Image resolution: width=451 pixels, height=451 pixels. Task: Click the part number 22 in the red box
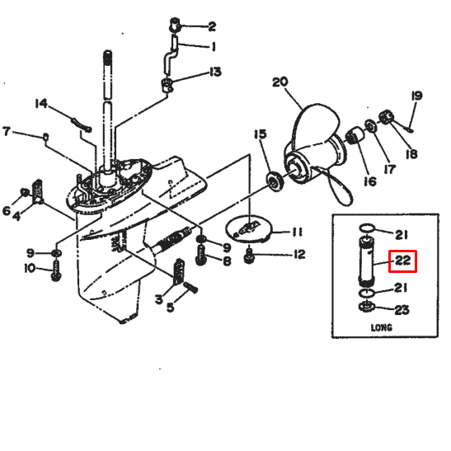pyautogui.click(x=402, y=261)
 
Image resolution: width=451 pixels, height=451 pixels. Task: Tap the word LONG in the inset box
pyautogui.click(x=382, y=327)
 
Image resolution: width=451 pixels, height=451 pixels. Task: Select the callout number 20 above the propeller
pyautogui.click(x=280, y=82)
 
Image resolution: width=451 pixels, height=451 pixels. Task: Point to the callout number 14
pyautogui.click(x=41, y=104)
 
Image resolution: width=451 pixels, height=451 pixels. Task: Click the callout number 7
pyautogui.click(x=7, y=131)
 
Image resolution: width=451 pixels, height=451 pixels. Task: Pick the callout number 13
pyautogui.click(x=215, y=72)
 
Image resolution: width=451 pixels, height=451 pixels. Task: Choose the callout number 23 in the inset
pyautogui.click(x=402, y=310)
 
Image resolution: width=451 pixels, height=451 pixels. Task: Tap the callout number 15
pyautogui.click(x=261, y=134)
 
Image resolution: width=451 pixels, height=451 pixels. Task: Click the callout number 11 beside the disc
pyautogui.click(x=297, y=233)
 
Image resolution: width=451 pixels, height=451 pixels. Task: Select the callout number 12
pyautogui.click(x=299, y=254)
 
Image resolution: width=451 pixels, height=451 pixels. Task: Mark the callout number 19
pyautogui.click(x=416, y=96)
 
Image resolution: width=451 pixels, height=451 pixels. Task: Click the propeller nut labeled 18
pyautogui.click(x=385, y=117)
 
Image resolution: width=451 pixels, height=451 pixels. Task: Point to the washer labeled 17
pyautogui.click(x=370, y=125)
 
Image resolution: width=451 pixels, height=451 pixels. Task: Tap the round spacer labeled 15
pyautogui.click(x=275, y=181)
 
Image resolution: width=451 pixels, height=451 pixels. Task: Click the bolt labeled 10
pyautogui.click(x=56, y=270)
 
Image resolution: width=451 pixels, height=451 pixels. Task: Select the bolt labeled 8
pyautogui.click(x=200, y=255)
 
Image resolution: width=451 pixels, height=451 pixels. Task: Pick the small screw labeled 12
pyautogui.click(x=249, y=256)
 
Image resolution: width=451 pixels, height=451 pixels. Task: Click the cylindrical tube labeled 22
pyautogui.click(x=366, y=261)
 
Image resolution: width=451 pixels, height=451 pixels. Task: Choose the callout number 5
pyautogui.click(x=171, y=308)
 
